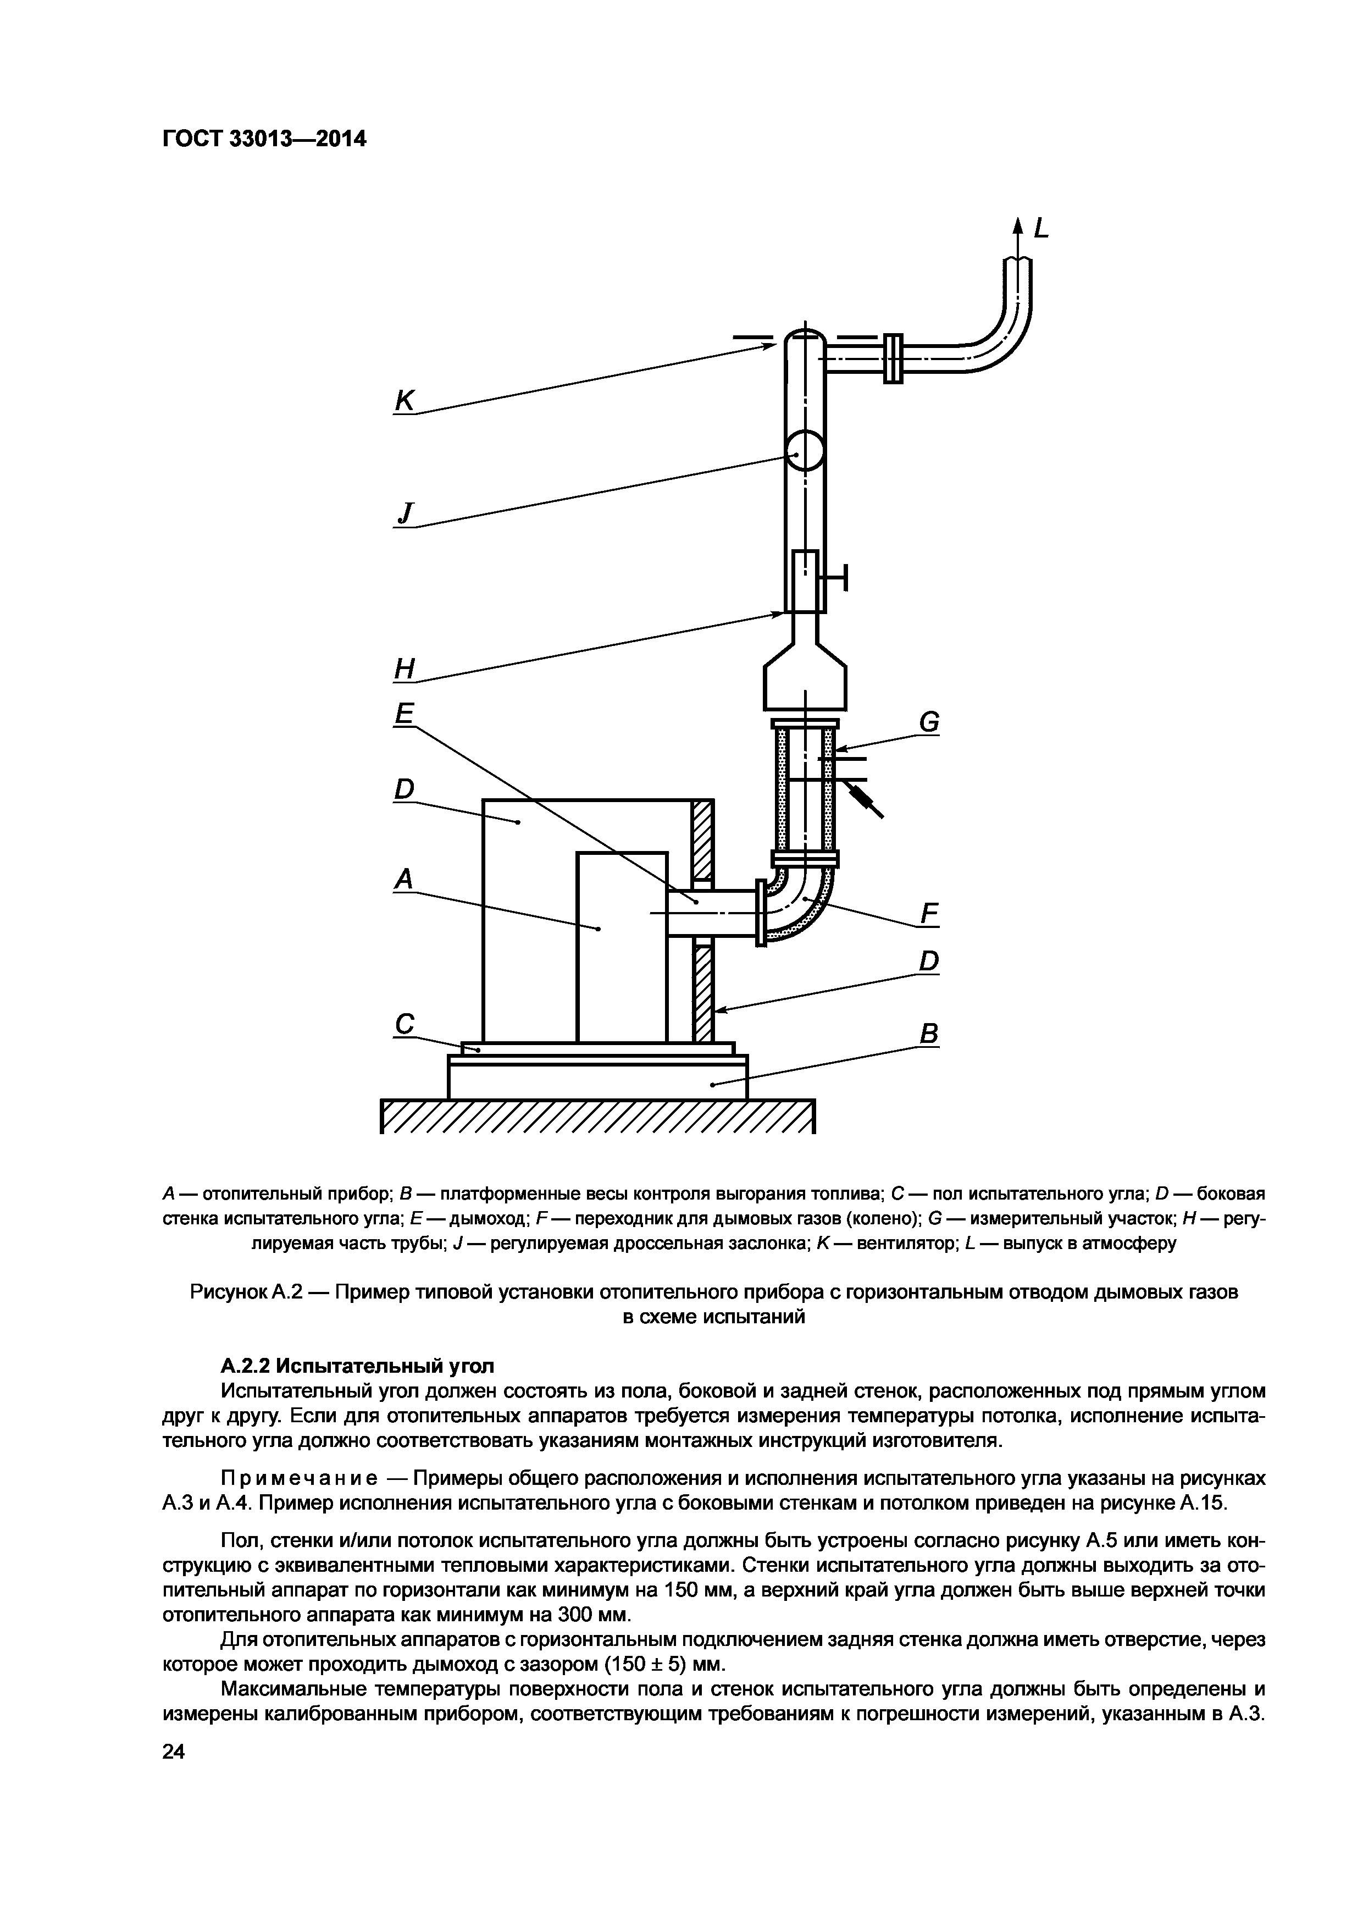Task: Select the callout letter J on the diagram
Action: pos(406,513)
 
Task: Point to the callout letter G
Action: pos(928,722)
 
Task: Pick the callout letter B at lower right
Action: pos(928,1035)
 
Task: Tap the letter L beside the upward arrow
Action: pos(1041,228)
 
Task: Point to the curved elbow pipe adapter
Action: pos(801,905)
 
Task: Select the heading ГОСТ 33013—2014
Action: pos(264,139)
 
